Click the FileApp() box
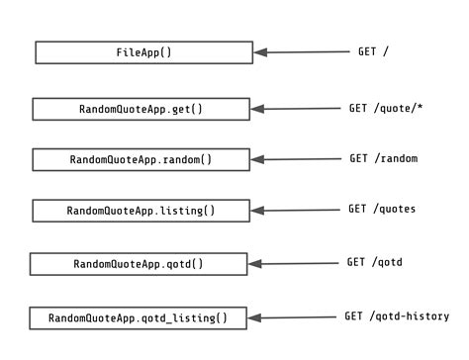tap(143, 52)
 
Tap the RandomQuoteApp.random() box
tap(141, 159)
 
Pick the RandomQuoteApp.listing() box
tap(141, 211)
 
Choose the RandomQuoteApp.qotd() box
tap(138, 264)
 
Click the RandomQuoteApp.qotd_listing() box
tap(138, 318)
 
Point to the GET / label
tap(373, 50)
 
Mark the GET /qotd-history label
tap(396, 316)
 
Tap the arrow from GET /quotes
tap(290, 211)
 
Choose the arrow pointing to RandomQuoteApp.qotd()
tap(287, 264)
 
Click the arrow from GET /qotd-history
tap(287, 318)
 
